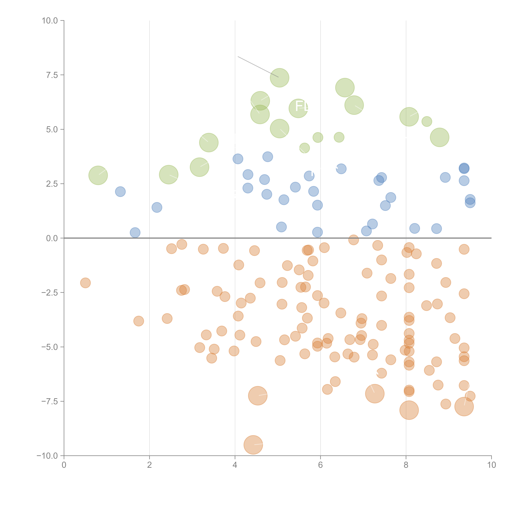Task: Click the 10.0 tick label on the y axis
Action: click(50, 21)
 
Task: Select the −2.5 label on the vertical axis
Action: click(50, 293)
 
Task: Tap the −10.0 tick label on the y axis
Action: click(47, 456)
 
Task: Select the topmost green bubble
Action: click(279, 78)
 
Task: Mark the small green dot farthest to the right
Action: click(427, 121)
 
